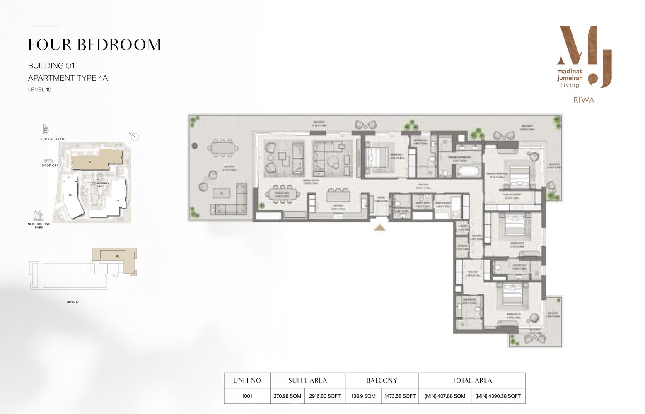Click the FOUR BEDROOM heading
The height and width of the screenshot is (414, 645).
click(94, 45)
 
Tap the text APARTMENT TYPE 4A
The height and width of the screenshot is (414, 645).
click(68, 78)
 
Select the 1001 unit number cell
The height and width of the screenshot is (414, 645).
click(247, 396)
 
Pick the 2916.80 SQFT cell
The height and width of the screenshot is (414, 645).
click(325, 396)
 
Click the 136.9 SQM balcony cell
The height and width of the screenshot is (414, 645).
click(363, 396)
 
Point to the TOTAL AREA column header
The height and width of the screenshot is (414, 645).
click(472, 380)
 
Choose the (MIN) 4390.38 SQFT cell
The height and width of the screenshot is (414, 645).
click(498, 396)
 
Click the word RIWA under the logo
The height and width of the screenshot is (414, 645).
click(583, 100)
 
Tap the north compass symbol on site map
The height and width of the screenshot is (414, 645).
click(135, 137)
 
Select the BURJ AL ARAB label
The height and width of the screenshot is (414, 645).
click(52, 139)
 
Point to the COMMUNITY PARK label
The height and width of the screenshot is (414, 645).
click(101, 185)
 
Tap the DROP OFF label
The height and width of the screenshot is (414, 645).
click(50, 166)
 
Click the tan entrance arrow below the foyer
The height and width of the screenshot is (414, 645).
click(380, 227)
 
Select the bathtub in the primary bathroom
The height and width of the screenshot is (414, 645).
click(467, 171)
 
